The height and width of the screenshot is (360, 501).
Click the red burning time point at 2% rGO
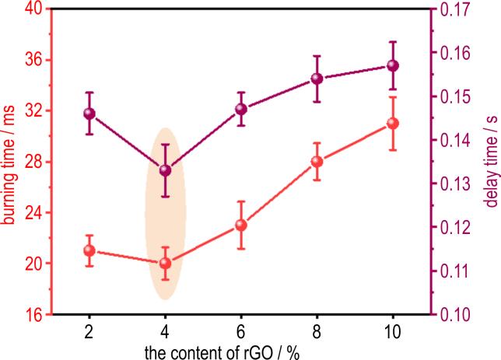click(x=89, y=250)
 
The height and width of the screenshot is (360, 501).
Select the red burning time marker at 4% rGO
click(x=165, y=263)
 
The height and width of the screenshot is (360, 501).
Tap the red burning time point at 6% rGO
click(x=241, y=225)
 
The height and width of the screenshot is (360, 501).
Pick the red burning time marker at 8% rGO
click(x=317, y=162)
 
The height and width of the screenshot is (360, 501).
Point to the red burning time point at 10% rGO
click(x=393, y=123)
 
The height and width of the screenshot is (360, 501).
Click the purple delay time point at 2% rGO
click(x=89, y=114)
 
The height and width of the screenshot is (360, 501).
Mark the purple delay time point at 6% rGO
click(x=241, y=109)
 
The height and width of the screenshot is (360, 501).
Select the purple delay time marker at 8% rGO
click(x=317, y=79)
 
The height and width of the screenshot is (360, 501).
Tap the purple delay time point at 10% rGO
click(x=393, y=65)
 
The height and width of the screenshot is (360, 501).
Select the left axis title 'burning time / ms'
click(x=9, y=162)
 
